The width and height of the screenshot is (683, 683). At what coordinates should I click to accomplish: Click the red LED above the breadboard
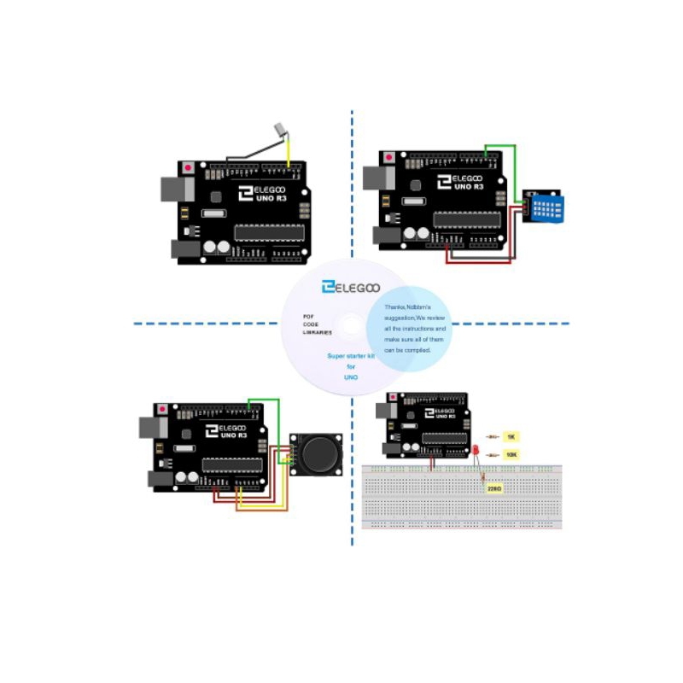[x=476, y=450]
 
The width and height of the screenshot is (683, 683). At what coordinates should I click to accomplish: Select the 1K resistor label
[x=511, y=436]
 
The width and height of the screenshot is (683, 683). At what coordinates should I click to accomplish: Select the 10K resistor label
[x=511, y=455]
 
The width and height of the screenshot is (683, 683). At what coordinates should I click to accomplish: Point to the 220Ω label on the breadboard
[x=493, y=489]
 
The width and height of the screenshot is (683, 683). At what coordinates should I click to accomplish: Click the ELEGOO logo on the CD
[x=350, y=288]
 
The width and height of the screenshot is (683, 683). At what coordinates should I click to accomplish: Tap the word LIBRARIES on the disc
[x=318, y=332]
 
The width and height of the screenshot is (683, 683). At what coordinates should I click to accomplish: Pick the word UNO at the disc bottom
[x=350, y=377]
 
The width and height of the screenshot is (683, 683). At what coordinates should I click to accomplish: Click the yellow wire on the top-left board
[x=289, y=154]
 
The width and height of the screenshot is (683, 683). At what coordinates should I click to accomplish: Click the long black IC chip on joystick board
[x=232, y=464]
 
